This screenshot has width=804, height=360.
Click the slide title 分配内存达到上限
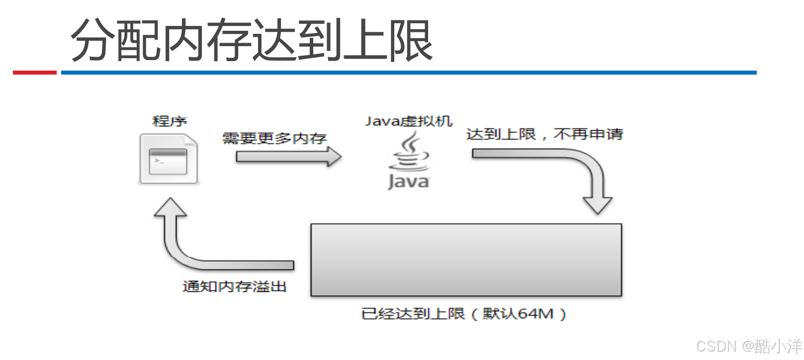coord(251,41)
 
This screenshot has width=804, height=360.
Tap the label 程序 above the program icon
coord(170,121)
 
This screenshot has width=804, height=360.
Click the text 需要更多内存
coord(274,138)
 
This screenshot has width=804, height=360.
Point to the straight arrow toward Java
coord(288,157)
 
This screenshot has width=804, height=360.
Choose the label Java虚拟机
coord(408,121)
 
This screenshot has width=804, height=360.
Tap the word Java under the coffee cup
coord(408,181)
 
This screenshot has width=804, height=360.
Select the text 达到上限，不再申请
coord(544,134)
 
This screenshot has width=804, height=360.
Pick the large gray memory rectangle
coord(466,260)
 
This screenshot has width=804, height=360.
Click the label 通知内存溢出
coord(234,286)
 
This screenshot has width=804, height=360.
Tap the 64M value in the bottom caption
coord(536,314)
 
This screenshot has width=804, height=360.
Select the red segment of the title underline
coord(34,73)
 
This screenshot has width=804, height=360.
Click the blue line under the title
coord(408,73)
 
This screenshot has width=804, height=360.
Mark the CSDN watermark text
coord(716,346)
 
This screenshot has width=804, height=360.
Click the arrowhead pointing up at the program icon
coord(171,208)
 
